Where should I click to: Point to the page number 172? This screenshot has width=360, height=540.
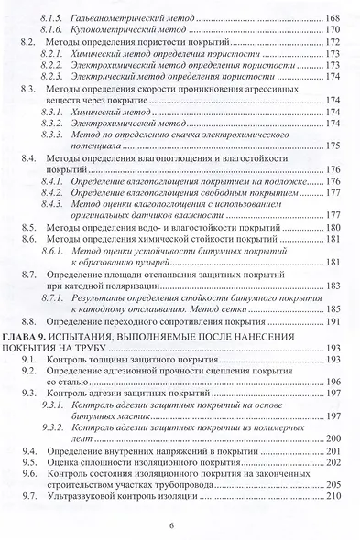click(334, 42)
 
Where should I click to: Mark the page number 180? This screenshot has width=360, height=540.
click(334, 225)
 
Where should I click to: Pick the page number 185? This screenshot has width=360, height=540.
click(334, 309)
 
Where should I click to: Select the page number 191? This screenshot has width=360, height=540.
click(334, 323)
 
